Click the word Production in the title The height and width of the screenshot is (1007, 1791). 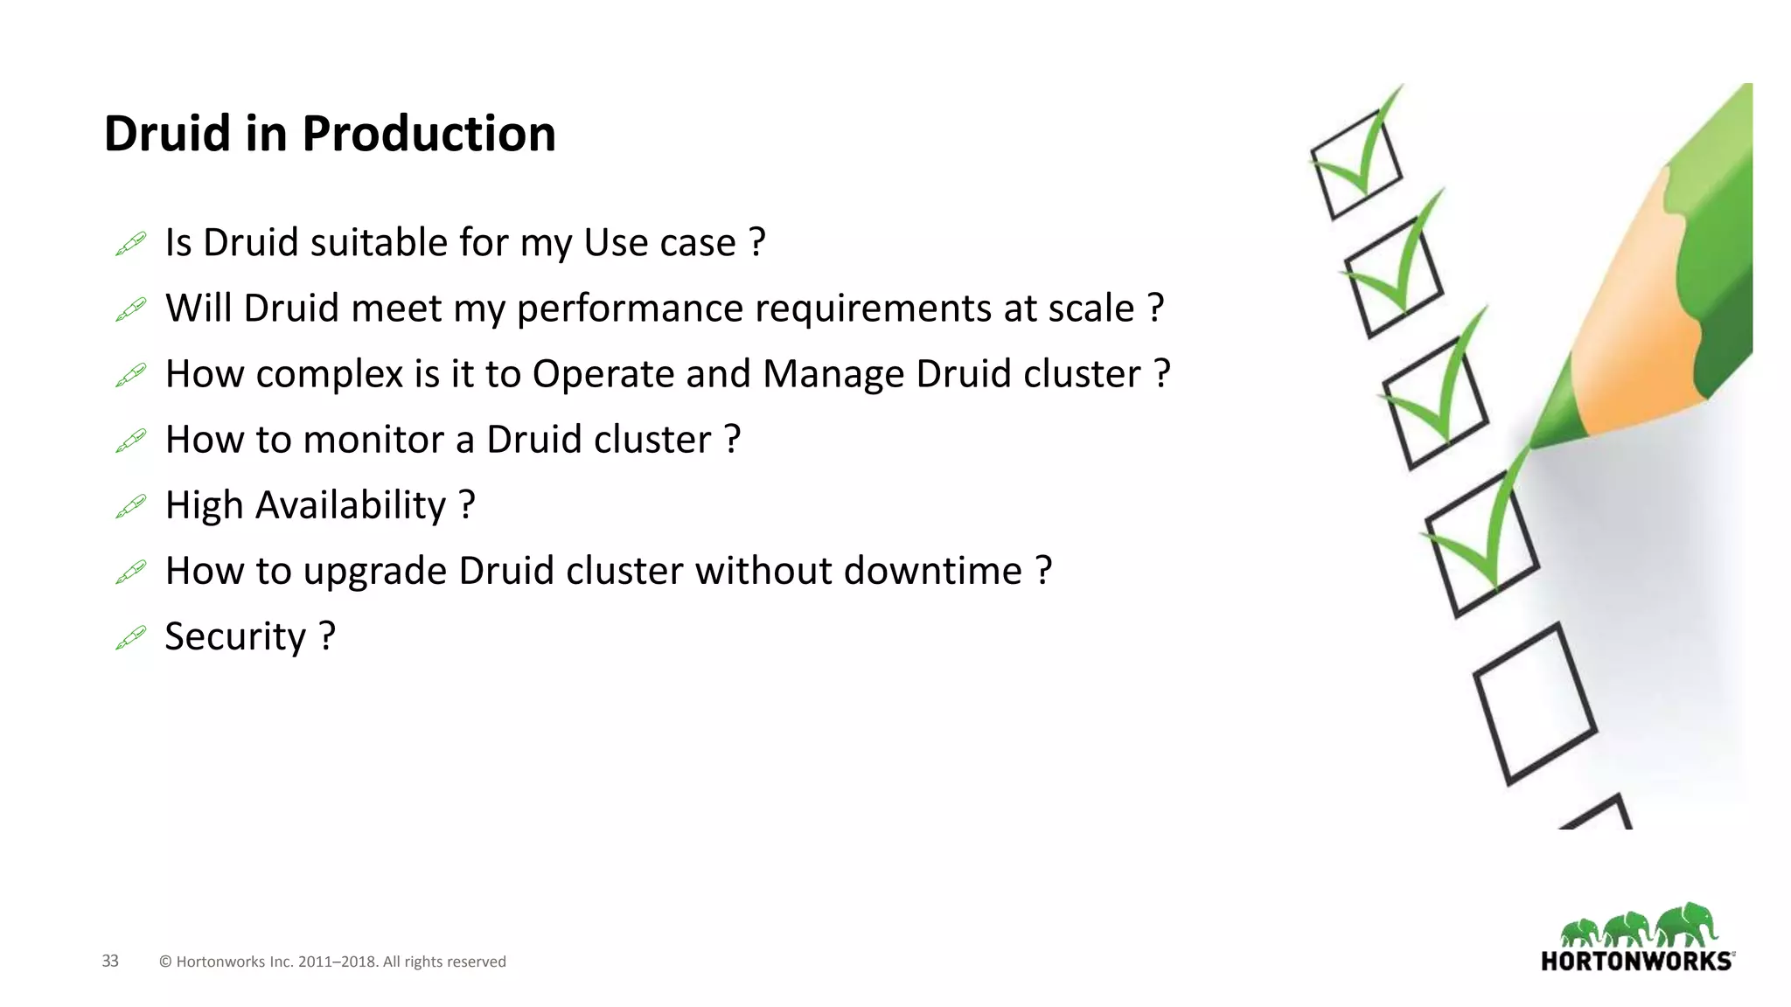coord(429,134)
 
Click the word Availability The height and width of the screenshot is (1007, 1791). coord(350,505)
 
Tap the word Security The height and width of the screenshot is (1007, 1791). coord(235,637)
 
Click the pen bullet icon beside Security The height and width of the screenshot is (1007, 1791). coord(131,638)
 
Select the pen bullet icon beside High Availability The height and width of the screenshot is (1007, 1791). coord(131,506)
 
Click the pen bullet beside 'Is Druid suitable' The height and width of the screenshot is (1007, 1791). coord(131,244)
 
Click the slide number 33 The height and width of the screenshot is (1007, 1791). coord(110,961)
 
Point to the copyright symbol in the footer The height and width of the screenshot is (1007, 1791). coord(165,962)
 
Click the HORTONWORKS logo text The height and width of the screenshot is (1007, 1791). coord(1636,962)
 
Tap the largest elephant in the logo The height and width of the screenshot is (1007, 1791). coord(1687,925)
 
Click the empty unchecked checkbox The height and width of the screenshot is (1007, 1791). coord(1535,704)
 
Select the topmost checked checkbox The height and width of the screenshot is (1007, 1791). coord(1355,166)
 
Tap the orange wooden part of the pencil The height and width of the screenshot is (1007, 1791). coord(1635,332)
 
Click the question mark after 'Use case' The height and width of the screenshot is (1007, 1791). coord(757,242)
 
